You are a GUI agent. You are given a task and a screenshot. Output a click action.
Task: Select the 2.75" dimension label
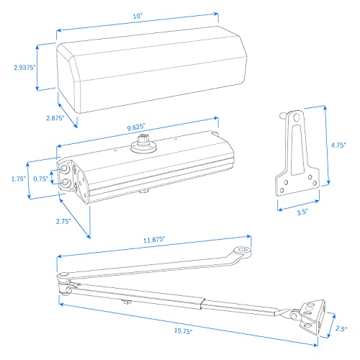coord(65,222)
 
